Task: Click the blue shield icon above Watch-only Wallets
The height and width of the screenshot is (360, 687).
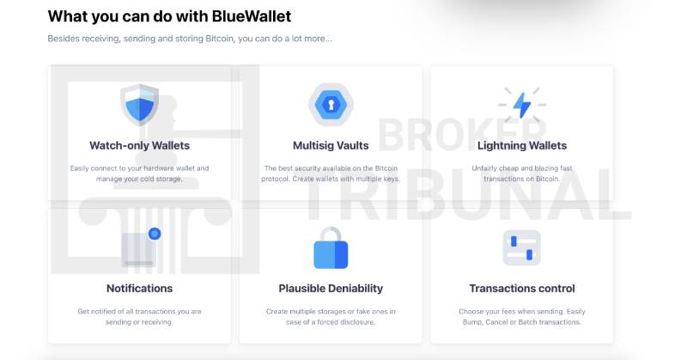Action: (x=139, y=105)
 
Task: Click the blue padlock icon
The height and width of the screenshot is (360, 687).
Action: (x=331, y=249)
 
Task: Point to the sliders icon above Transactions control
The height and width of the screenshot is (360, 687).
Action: (x=521, y=247)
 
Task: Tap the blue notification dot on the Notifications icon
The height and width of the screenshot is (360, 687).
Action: (x=155, y=233)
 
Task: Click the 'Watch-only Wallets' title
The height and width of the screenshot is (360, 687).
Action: (x=139, y=145)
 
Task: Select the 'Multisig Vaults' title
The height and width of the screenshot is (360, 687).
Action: (x=331, y=145)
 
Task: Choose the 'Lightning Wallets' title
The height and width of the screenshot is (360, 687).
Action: (x=520, y=145)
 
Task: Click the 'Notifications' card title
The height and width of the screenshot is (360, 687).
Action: (x=139, y=289)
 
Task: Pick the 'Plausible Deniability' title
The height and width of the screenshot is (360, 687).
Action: (x=331, y=289)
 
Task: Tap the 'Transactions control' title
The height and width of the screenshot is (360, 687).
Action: (x=521, y=289)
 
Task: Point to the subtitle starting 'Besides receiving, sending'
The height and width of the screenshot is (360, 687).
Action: (x=189, y=39)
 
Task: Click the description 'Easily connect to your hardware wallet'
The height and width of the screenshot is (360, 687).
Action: (x=139, y=168)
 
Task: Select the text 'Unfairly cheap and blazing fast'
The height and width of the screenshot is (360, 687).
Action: (x=520, y=168)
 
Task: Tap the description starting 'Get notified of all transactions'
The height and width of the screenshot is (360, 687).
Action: (x=139, y=311)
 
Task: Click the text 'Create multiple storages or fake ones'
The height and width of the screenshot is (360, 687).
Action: (x=331, y=311)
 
